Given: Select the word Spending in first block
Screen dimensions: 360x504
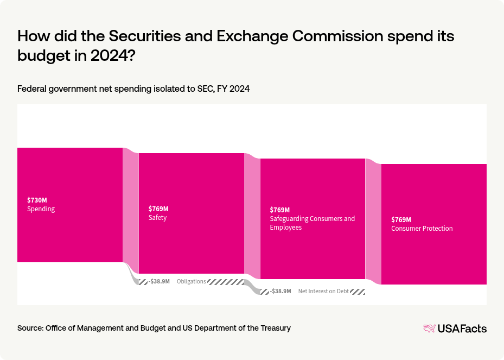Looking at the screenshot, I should coord(41,209).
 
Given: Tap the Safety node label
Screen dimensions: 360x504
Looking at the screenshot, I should coord(158,218).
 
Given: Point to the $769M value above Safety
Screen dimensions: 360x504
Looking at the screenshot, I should coord(158,209).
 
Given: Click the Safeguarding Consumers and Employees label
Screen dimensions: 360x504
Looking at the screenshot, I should coord(312,223).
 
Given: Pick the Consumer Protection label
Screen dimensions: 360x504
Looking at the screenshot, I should coord(422,229).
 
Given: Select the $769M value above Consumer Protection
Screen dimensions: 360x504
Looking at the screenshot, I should coord(401,219).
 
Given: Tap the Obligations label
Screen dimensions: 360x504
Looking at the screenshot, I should coord(192,281).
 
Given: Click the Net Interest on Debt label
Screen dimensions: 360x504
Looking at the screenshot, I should coord(323,292).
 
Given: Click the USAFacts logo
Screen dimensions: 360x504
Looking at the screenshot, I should coord(455,328).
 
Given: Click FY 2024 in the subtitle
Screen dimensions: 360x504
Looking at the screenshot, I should coord(233,89).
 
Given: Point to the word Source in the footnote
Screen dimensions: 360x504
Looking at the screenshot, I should coord(30,328).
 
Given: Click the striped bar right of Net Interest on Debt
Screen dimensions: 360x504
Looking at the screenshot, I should coord(357,292).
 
